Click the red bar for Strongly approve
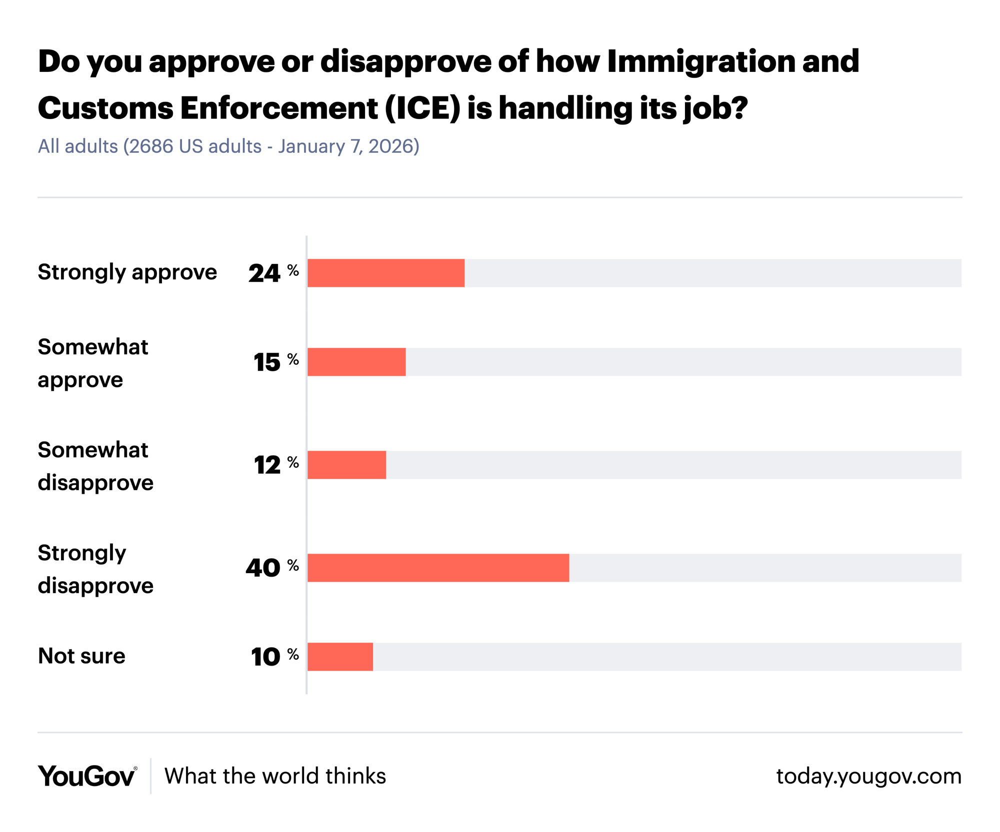click(385, 273)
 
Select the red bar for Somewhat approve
click(356, 362)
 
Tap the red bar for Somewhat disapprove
click(346, 465)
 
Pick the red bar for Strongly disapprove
click(438, 568)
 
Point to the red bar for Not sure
click(340, 657)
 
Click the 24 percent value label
click(273, 273)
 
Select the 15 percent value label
click(275, 362)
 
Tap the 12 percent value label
click(275, 465)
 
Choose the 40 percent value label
click(271, 568)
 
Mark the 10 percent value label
click(274, 657)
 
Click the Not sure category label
click(81, 656)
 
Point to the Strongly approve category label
click(127, 272)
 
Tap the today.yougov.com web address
click(868, 776)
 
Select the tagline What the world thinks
click(275, 776)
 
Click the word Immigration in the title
click(700, 61)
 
